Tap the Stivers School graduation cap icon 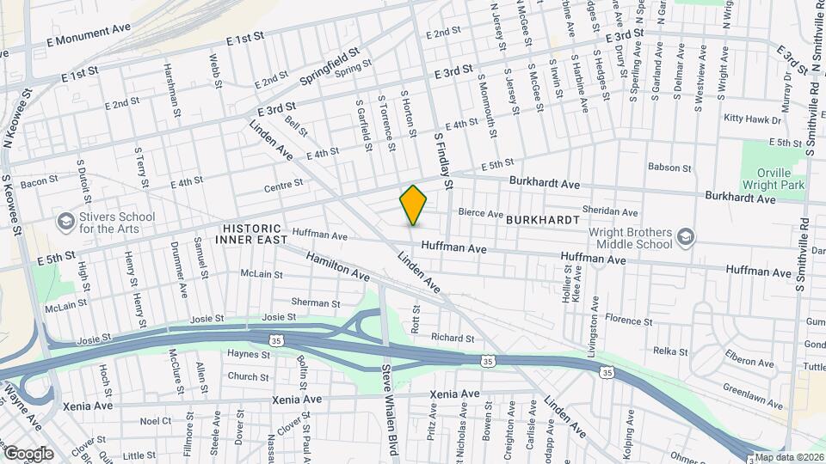point(65,223)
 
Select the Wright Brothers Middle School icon point(685,237)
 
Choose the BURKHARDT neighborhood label point(543,220)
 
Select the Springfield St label point(335,66)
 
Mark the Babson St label point(669,168)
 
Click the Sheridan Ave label point(611,212)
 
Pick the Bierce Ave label point(480,212)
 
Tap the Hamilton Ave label point(337,267)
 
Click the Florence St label point(629,319)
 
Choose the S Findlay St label point(443,160)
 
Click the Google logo point(28,453)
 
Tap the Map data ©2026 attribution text point(790,457)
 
